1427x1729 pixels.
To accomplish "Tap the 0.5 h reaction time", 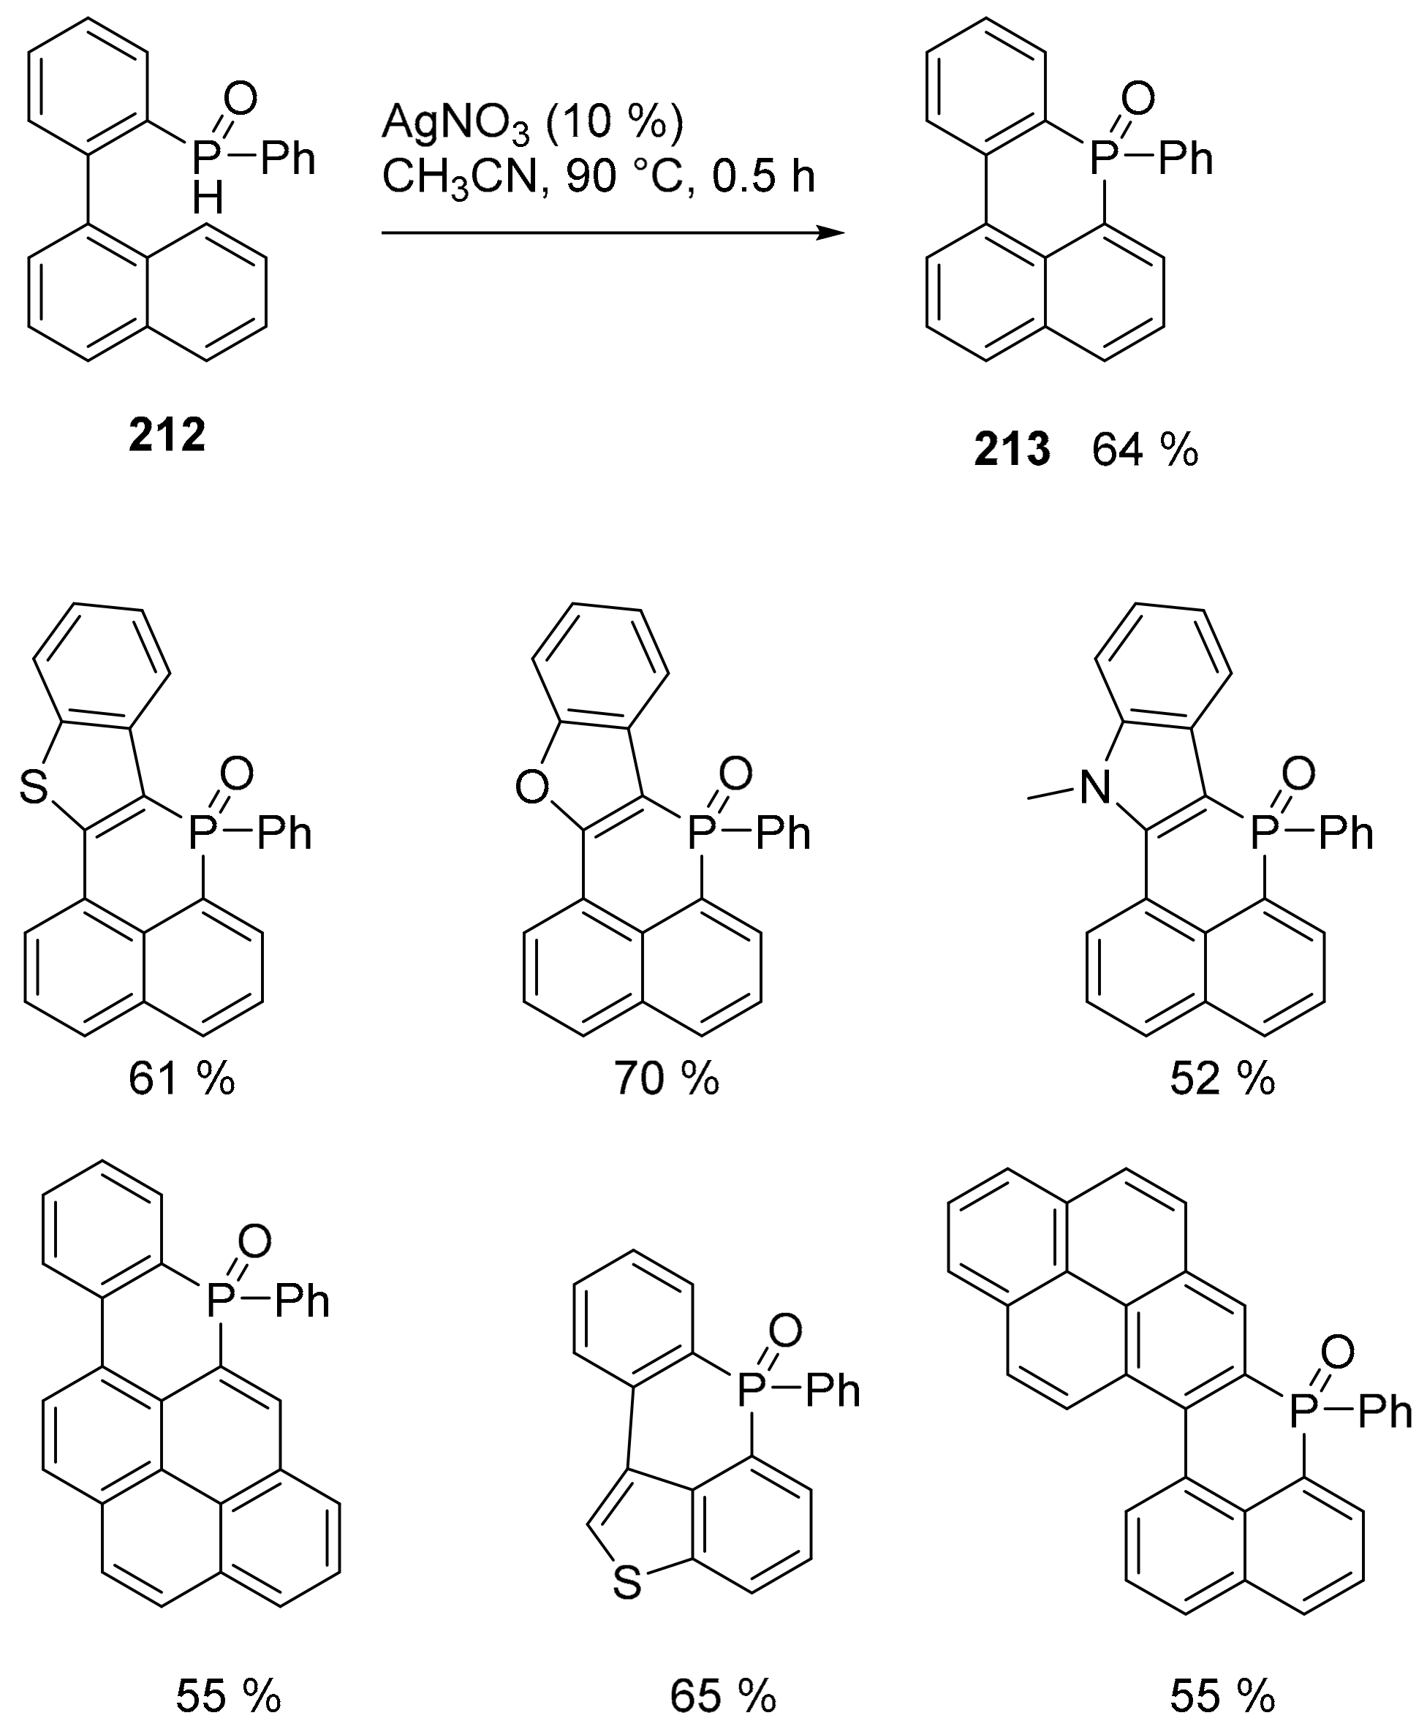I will click(764, 178).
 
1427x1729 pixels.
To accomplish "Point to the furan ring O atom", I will click(532, 788).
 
